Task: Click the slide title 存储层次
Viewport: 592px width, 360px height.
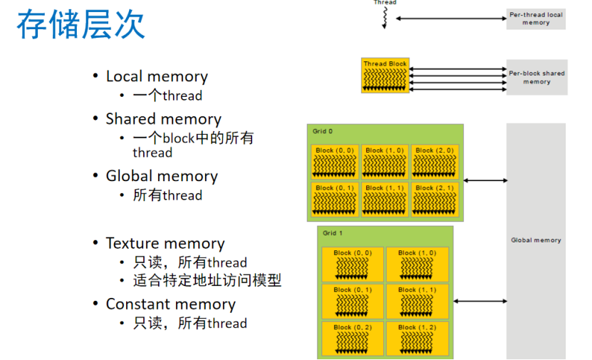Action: [81, 24]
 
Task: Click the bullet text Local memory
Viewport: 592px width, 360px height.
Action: [157, 76]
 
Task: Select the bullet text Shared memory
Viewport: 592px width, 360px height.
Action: [163, 119]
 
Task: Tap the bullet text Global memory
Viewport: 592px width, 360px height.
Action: [162, 176]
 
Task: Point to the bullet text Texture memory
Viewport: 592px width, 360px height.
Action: [165, 243]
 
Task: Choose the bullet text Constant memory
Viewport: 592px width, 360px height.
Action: [170, 304]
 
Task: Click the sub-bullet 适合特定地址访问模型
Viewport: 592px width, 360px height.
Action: [207, 280]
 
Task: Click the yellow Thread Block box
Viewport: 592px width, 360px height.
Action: [385, 75]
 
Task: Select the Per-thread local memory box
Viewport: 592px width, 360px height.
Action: [536, 19]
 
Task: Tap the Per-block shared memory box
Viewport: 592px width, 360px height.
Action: [536, 77]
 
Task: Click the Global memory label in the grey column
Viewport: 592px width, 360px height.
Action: [536, 240]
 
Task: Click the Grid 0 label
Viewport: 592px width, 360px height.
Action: [323, 131]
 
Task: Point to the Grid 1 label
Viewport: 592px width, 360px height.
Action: [333, 233]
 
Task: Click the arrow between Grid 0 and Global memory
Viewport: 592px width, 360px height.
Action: [485, 180]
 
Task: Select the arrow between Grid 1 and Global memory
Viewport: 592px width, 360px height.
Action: [480, 302]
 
